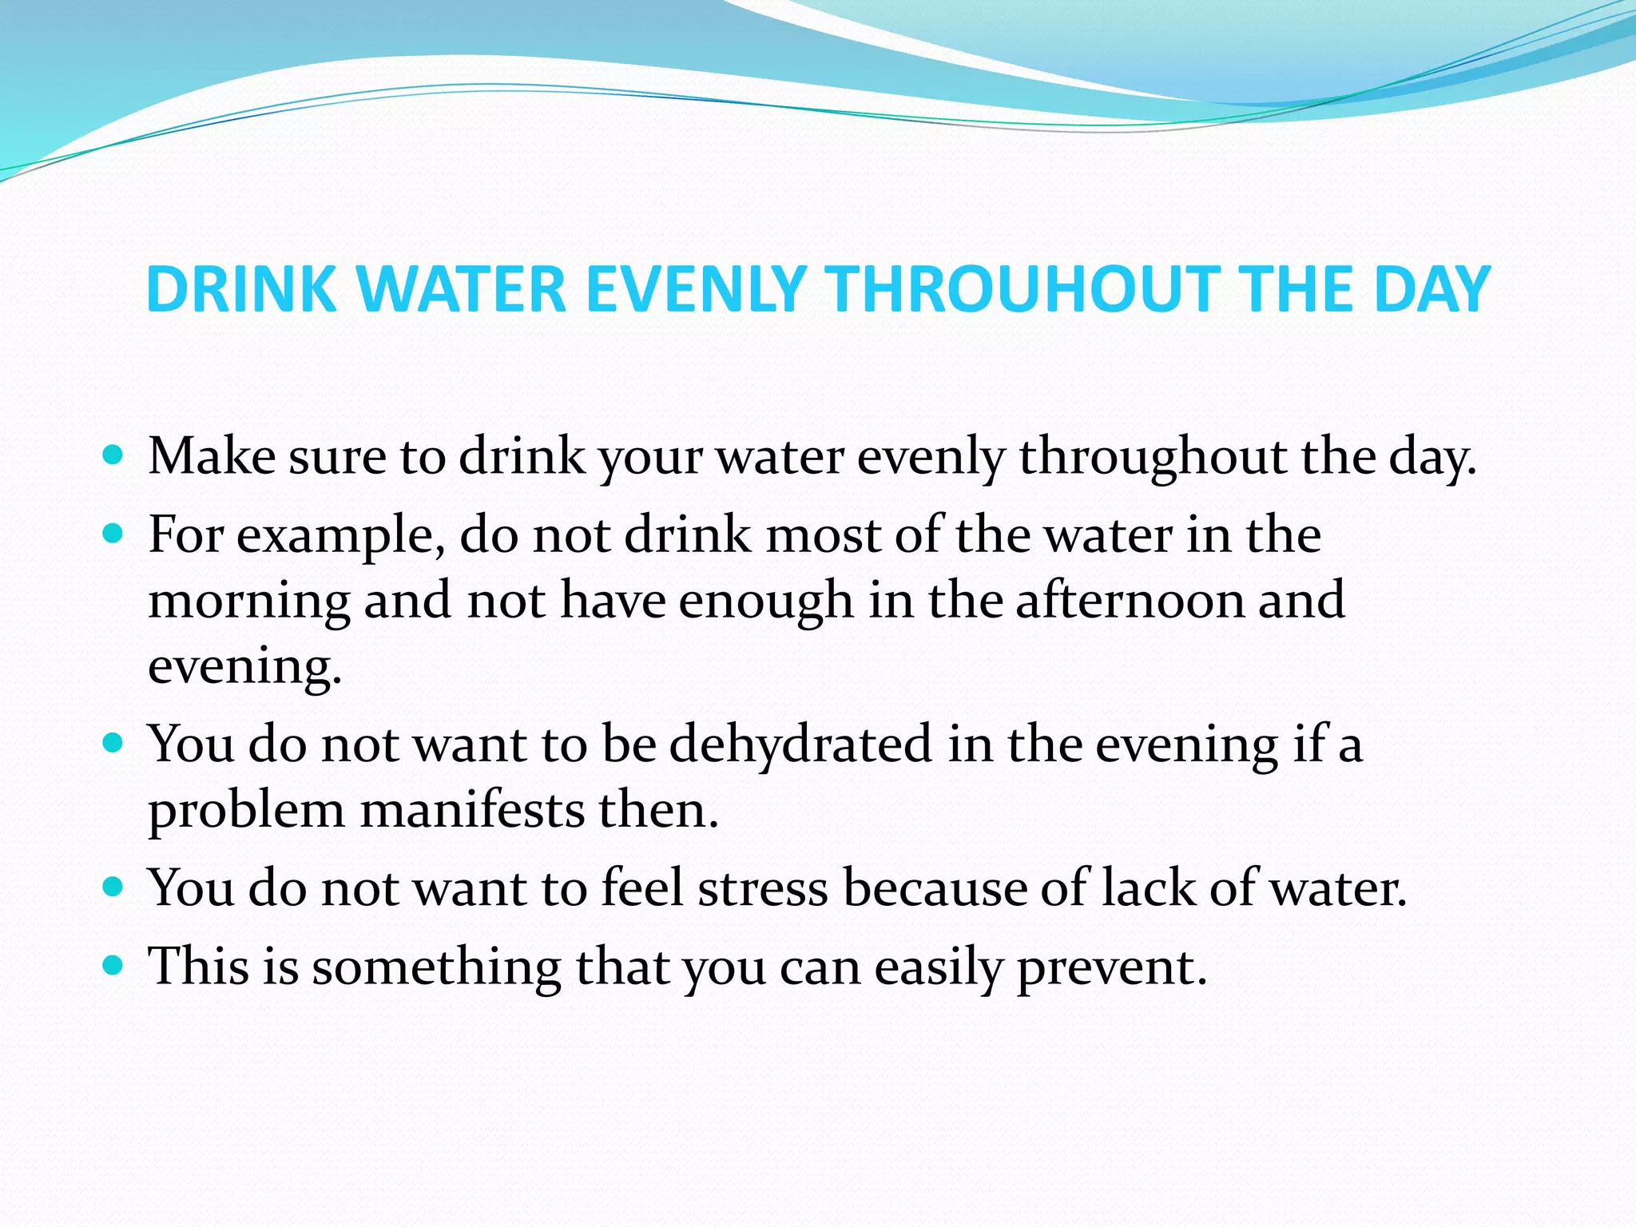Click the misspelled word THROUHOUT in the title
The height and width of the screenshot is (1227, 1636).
point(1023,289)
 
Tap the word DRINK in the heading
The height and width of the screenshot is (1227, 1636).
point(242,289)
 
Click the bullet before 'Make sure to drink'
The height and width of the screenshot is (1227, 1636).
point(113,455)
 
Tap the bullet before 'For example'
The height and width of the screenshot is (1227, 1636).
point(113,534)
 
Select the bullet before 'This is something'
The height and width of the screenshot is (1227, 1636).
point(113,965)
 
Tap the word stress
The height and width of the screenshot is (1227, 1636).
point(763,887)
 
